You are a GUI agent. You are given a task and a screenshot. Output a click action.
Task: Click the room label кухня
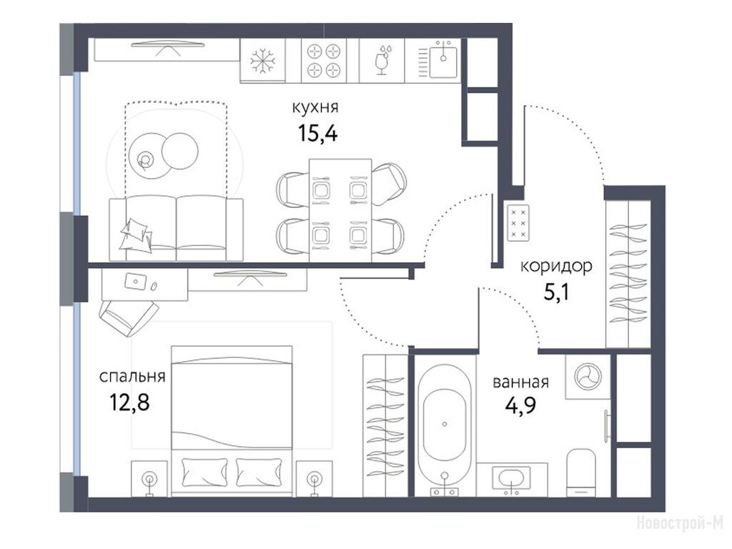pyautogui.click(x=315, y=107)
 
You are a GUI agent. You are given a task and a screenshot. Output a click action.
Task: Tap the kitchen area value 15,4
pyautogui.click(x=317, y=134)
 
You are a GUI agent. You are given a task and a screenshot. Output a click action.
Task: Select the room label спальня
pyautogui.click(x=132, y=376)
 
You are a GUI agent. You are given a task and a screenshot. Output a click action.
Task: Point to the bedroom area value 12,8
pyautogui.click(x=129, y=402)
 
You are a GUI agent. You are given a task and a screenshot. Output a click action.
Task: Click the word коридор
pyautogui.click(x=556, y=267)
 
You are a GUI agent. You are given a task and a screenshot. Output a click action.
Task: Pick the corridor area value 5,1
pyautogui.click(x=556, y=292)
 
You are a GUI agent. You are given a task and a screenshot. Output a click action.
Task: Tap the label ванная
pyautogui.click(x=520, y=382)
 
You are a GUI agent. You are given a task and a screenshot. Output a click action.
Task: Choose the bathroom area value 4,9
pyautogui.click(x=520, y=405)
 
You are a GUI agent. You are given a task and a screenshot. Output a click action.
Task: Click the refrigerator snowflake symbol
pyautogui.click(x=263, y=61)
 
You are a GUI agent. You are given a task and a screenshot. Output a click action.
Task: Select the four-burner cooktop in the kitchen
pyautogui.click(x=324, y=60)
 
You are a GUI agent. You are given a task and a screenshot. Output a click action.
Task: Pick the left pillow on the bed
pyautogui.click(x=205, y=472)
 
